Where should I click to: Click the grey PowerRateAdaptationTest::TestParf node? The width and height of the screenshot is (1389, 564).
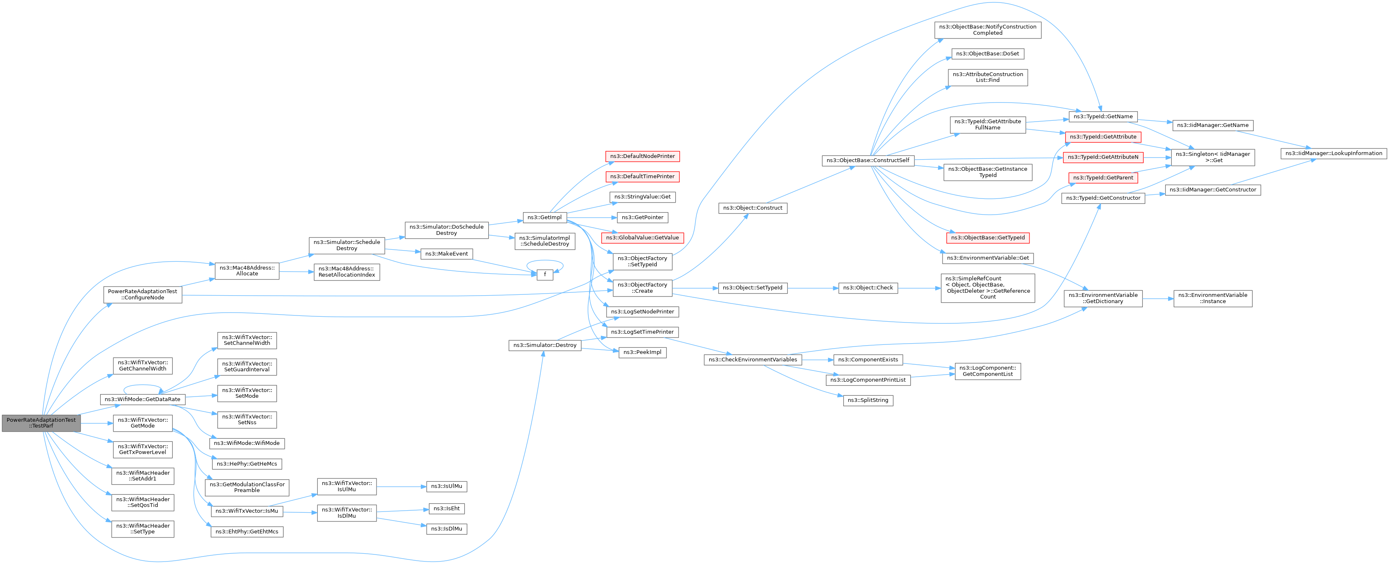41,423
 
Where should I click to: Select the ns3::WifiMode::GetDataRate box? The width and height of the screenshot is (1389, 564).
142,399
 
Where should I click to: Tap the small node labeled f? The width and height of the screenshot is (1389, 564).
545,275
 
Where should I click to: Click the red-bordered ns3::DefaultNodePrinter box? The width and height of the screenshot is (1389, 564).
642,156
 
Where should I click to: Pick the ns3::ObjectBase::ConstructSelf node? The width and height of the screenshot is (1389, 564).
868,160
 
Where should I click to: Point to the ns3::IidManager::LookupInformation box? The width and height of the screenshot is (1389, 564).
1334,153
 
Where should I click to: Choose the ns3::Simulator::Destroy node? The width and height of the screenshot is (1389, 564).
545,345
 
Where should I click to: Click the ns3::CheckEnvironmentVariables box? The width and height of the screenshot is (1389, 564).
753,360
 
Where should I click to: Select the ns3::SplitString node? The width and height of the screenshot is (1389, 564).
868,400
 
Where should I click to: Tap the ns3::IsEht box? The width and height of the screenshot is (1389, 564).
446,509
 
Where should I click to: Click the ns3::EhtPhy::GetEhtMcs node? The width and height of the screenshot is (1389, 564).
247,532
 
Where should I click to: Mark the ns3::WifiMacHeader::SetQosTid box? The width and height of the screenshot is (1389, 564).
142,502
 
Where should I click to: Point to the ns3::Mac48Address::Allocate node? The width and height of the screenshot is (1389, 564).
247,270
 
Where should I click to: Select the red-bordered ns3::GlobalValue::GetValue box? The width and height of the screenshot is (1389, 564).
642,238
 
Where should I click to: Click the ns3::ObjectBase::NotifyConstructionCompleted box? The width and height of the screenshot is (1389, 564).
987,30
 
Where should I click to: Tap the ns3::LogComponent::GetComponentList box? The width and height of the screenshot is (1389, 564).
987,371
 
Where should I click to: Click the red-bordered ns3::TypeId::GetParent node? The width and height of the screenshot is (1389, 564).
1103,178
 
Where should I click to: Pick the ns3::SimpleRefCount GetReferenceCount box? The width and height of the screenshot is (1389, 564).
987,288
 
